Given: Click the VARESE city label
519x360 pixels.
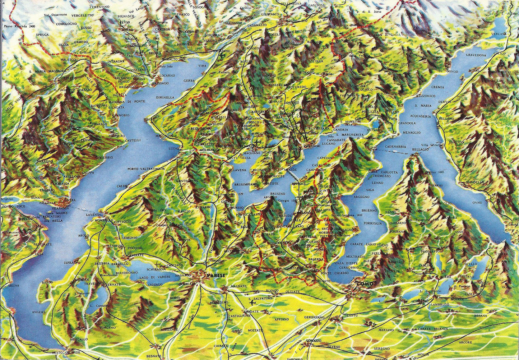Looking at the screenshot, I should [215, 276].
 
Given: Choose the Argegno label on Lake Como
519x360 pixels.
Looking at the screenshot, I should [361, 197].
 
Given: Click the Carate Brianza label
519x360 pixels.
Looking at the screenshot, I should [433, 329].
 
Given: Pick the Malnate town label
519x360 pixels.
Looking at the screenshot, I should [239, 286].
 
